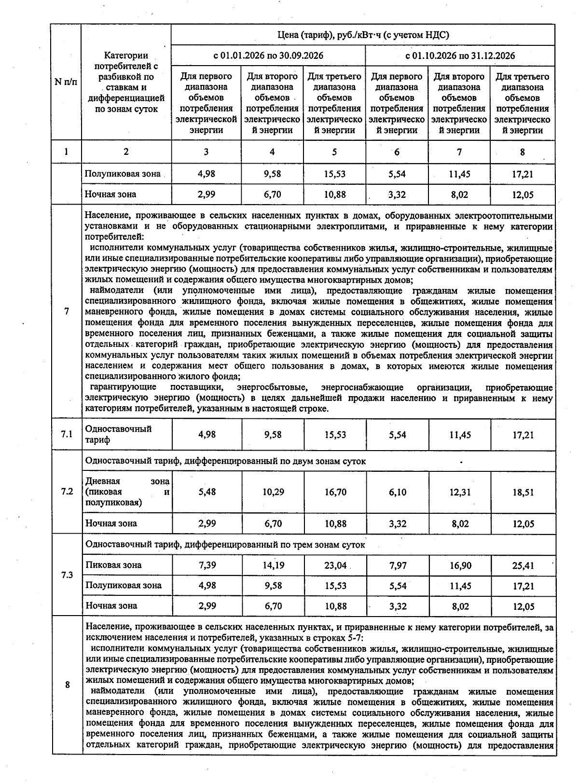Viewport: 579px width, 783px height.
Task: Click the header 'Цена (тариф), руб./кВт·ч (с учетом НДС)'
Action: [x=363, y=35]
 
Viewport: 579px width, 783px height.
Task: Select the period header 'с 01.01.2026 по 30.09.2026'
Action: [x=268, y=55]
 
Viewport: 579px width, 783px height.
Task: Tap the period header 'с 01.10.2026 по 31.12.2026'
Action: [x=460, y=55]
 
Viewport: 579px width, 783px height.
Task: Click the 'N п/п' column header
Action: [x=66, y=82]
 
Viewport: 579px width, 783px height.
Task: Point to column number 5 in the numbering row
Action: [x=334, y=152]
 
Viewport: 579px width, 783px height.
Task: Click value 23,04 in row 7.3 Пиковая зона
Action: [x=335, y=565]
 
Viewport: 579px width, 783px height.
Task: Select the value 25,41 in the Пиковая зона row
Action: [x=523, y=565]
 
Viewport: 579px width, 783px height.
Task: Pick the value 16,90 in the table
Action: [x=460, y=565]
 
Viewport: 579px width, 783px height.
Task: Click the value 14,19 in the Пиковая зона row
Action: [x=273, y=565]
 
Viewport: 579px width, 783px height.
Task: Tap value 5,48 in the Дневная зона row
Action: [x=207, y=492]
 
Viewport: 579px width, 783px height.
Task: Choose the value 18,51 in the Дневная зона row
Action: [x=523, y=492]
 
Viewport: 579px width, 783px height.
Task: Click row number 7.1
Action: [x=67, y=434]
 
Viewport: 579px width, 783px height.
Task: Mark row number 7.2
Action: [x=67, y=492]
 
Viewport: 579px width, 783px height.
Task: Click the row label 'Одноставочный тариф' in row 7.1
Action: [x=118, y=434]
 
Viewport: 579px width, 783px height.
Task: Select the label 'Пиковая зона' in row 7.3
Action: [x=113, y=565]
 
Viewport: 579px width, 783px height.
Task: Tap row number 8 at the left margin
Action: [x=67, y=685]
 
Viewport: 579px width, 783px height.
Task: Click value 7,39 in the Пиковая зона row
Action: [x=207, y=565]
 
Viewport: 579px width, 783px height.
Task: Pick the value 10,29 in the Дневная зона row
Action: [x=273, y=492]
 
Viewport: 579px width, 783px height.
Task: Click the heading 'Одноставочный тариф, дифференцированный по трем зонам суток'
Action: [x=225, y=544]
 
